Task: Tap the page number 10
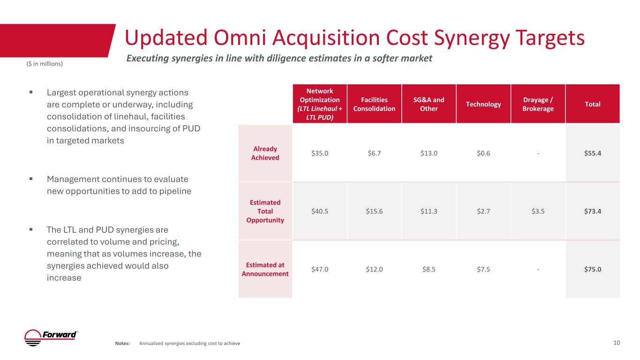point(617,343)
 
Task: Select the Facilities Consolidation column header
point(374,104)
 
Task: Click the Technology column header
point(483,104)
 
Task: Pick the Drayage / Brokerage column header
point(538,104)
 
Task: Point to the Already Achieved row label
point(265,153)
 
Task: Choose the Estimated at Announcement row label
point(265,269)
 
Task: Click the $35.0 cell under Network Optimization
point(320,153)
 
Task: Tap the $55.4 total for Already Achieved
point(593,153)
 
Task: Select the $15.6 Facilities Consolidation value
point(374,211)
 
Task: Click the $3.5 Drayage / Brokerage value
point(538,211)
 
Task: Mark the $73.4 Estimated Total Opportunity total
point(593,211)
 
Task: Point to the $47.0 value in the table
point(320,269)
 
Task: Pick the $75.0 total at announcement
point(593,269)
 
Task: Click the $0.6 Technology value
point(483,153)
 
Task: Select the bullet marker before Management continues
point(31,179)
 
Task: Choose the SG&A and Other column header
point(429,104)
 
